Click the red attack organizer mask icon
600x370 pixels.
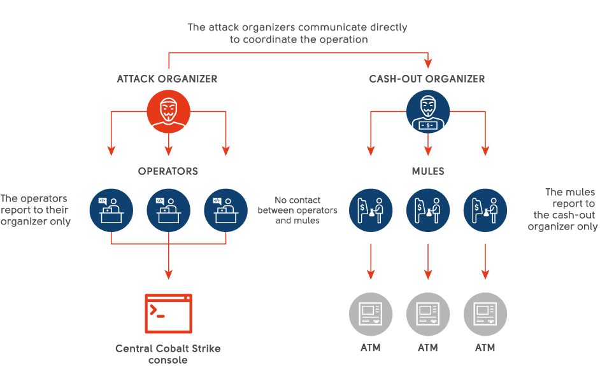[168, 112]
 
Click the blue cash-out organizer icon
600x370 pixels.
[427, 112]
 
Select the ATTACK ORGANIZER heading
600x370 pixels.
[167, 79]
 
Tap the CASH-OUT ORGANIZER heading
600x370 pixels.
[427, 79]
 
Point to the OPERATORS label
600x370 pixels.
[168, 171]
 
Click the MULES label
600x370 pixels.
[427, 171]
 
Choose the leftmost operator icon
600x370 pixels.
[111, 210]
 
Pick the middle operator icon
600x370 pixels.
[168, 210]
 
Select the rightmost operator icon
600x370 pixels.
[225, 210]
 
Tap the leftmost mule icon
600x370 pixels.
[370, 210]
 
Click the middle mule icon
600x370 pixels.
[427, 210]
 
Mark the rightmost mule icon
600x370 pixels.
[485, 210]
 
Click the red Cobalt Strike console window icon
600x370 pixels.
[168, 313]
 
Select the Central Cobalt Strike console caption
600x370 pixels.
[168, 354]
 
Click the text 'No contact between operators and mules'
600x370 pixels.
[297, 210]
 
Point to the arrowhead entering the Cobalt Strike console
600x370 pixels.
[168, 275]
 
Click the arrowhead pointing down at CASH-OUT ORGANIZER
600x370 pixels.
[428, 64]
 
